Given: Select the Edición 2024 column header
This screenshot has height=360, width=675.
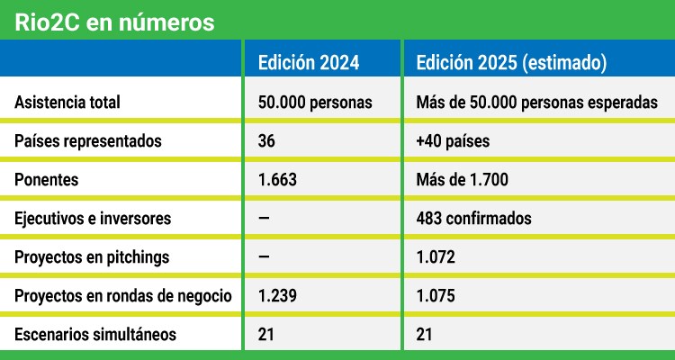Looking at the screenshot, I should click(309, 63).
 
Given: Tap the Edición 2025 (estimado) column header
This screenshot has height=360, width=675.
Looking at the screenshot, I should click(511, 63).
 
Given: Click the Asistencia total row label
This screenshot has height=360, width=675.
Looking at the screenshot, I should click(67, 103).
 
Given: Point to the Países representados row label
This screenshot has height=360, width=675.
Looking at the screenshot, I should click(87, 141).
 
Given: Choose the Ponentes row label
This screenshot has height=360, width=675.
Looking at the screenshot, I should click(47, 180).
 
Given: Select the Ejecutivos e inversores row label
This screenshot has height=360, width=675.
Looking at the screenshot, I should click(93, 218).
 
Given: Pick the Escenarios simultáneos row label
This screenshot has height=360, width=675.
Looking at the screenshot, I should click(94, 335).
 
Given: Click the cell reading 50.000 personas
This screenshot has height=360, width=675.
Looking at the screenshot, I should click(315, 103).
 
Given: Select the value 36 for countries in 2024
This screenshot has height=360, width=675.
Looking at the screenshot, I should click(266, 141).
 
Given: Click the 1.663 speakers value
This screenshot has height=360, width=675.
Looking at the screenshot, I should click(277, 180).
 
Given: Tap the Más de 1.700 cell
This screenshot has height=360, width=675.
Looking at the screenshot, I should click(463, 180).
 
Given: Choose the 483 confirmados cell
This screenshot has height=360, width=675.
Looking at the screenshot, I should click(474, 218).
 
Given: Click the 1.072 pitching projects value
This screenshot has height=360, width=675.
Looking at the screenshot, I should click(436, 256).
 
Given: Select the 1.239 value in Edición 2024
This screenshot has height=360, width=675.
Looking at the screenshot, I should click(277, 296).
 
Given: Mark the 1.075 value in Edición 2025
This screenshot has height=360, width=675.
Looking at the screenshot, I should click(436, 296).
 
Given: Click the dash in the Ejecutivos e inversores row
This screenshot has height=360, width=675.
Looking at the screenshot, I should click(265, 218).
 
